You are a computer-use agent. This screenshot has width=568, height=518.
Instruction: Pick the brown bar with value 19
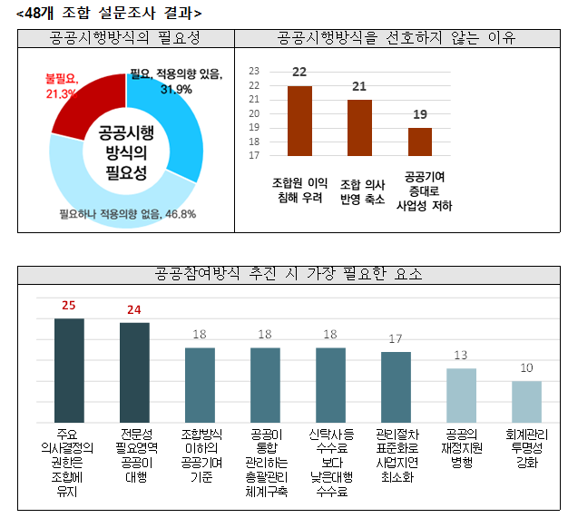[x=419, y=142]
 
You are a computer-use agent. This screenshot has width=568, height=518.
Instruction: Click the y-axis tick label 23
[x=254, y=71]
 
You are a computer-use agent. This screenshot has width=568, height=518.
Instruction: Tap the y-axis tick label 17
[x=254, y=155]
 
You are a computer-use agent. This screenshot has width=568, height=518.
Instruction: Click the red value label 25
[x=69, y=306]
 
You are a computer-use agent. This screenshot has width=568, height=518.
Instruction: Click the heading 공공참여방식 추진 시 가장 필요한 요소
[x=289, y=273]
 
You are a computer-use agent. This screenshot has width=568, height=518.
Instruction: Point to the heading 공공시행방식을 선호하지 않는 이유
[x=397, y=37]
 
